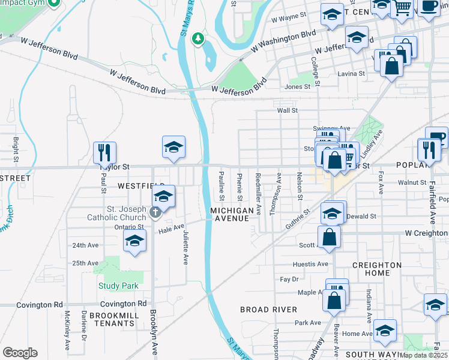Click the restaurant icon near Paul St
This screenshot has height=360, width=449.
pos(105,153)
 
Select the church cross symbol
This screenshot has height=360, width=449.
pos(155,211)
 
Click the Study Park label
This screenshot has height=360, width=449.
pos(118,286)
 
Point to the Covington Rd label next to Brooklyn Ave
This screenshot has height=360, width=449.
pos(124,304)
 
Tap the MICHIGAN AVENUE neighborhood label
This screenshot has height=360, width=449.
pos(232,214)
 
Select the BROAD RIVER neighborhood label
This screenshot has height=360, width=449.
pos(268,310)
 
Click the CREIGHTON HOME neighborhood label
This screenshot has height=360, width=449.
pos(376,269)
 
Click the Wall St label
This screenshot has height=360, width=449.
pos(287,110)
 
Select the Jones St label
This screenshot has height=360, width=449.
pos(297,86)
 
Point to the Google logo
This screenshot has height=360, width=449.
pos(20,353)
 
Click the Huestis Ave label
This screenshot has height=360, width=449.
pos(310,264)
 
